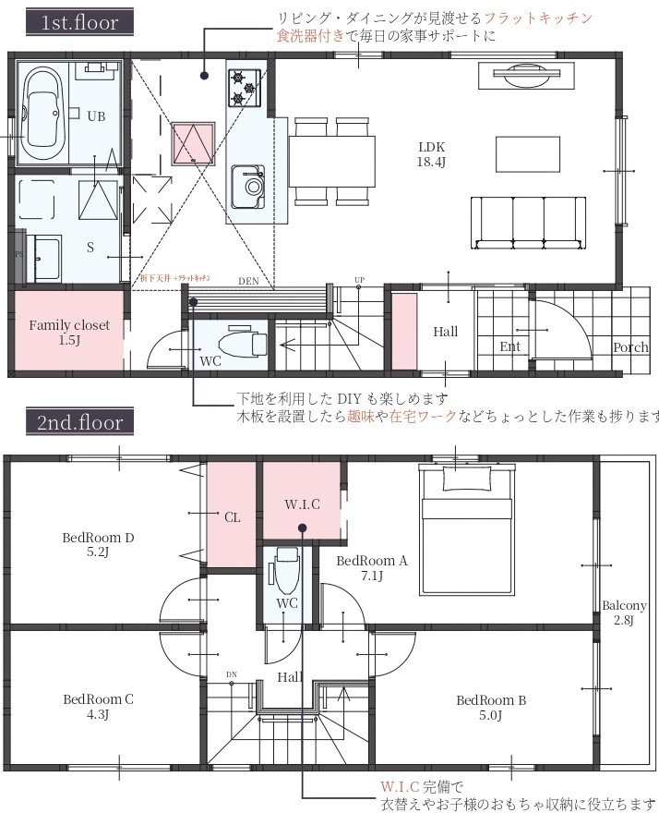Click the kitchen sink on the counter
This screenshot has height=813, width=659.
247,186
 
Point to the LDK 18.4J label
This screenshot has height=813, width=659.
431,154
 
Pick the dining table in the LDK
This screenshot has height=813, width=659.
332,162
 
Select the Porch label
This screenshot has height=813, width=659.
629,347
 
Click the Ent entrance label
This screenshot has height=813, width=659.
510,346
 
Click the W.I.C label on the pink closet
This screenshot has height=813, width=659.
302,504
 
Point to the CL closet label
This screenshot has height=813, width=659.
232,517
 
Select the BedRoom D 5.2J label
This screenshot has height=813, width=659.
98,544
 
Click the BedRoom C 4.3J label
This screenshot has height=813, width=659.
98,706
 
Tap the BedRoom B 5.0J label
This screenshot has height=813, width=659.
491,707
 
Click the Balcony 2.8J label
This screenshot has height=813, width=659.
624,613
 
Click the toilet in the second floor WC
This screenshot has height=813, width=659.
287,573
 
